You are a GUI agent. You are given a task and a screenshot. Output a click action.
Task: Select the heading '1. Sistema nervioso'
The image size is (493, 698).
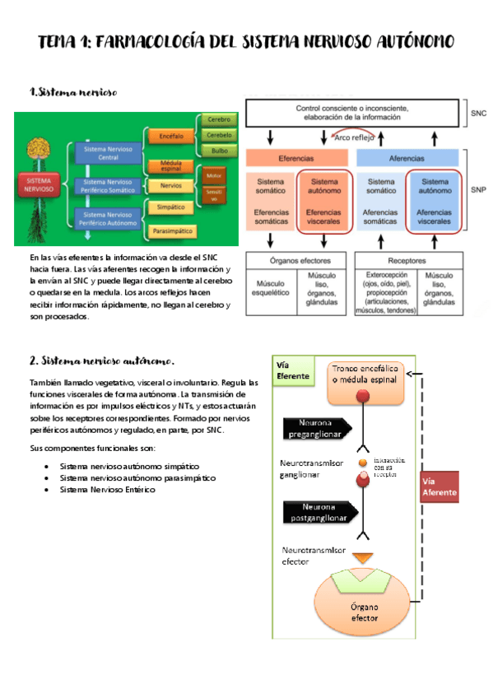pos(73,92)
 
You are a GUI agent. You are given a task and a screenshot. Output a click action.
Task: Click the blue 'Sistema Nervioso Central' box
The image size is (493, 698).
pos(107,152)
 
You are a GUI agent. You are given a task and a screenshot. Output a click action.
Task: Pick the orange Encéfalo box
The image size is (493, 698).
pos(171,135)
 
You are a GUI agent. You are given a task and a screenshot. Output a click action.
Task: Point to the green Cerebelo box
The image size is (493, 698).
pos(218,135)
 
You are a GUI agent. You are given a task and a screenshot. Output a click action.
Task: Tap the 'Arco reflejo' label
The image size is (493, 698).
pos(355,137)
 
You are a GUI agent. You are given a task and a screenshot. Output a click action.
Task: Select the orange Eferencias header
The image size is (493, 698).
pos(300,157)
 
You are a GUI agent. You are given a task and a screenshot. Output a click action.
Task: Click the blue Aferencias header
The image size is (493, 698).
pos(409,157)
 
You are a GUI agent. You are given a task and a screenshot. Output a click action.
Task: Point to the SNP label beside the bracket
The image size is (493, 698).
pos(478,188)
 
